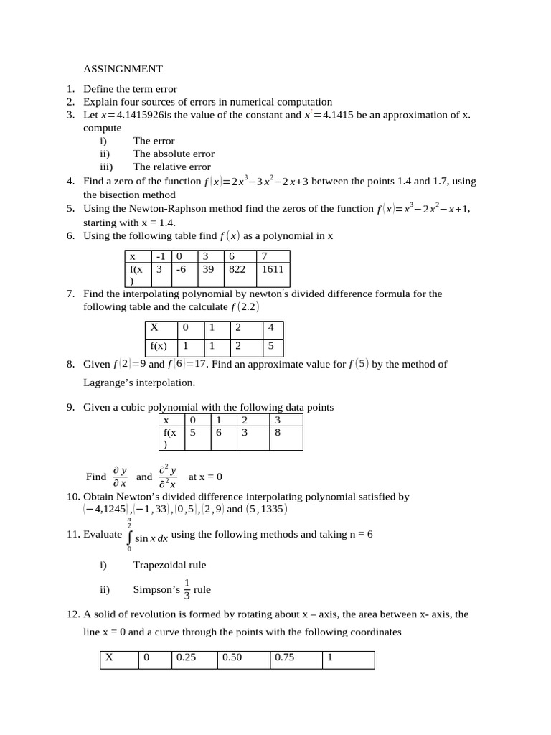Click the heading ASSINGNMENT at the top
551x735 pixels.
pos(123,69)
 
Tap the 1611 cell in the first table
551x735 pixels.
pos(273,269)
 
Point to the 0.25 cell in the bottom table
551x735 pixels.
pos(186,657)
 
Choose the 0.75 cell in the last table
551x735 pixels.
pos(284,657)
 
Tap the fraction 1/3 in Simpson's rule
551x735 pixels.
pos(187,589)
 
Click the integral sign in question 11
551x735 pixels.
pos(130,535)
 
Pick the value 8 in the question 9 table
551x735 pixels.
pos(278,433)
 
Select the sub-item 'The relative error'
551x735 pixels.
pos(171,167)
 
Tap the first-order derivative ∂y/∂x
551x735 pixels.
pos(120,477)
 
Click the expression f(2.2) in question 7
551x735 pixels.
pos(245,307)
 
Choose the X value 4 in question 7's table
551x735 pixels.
pos(270,327)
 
